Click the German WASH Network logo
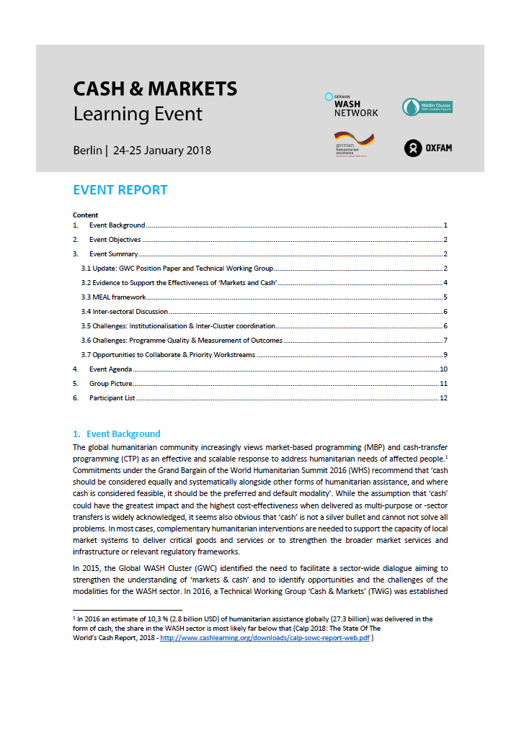(351, 105)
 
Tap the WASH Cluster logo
(427, 107)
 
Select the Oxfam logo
(428, 148)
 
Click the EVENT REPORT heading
(120, 190)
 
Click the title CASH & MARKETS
(155, 89)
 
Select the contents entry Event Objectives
(115, 240)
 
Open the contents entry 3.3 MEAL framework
(113, 297)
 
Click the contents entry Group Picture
(110, 384)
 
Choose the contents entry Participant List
(112, 398)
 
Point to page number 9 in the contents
(446, 355)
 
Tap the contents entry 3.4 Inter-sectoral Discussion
(124, 312)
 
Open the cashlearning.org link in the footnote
(265, 637)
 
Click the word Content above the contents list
(85, 215)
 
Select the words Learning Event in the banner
(138, 114)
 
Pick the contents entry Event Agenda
(110, 369)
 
